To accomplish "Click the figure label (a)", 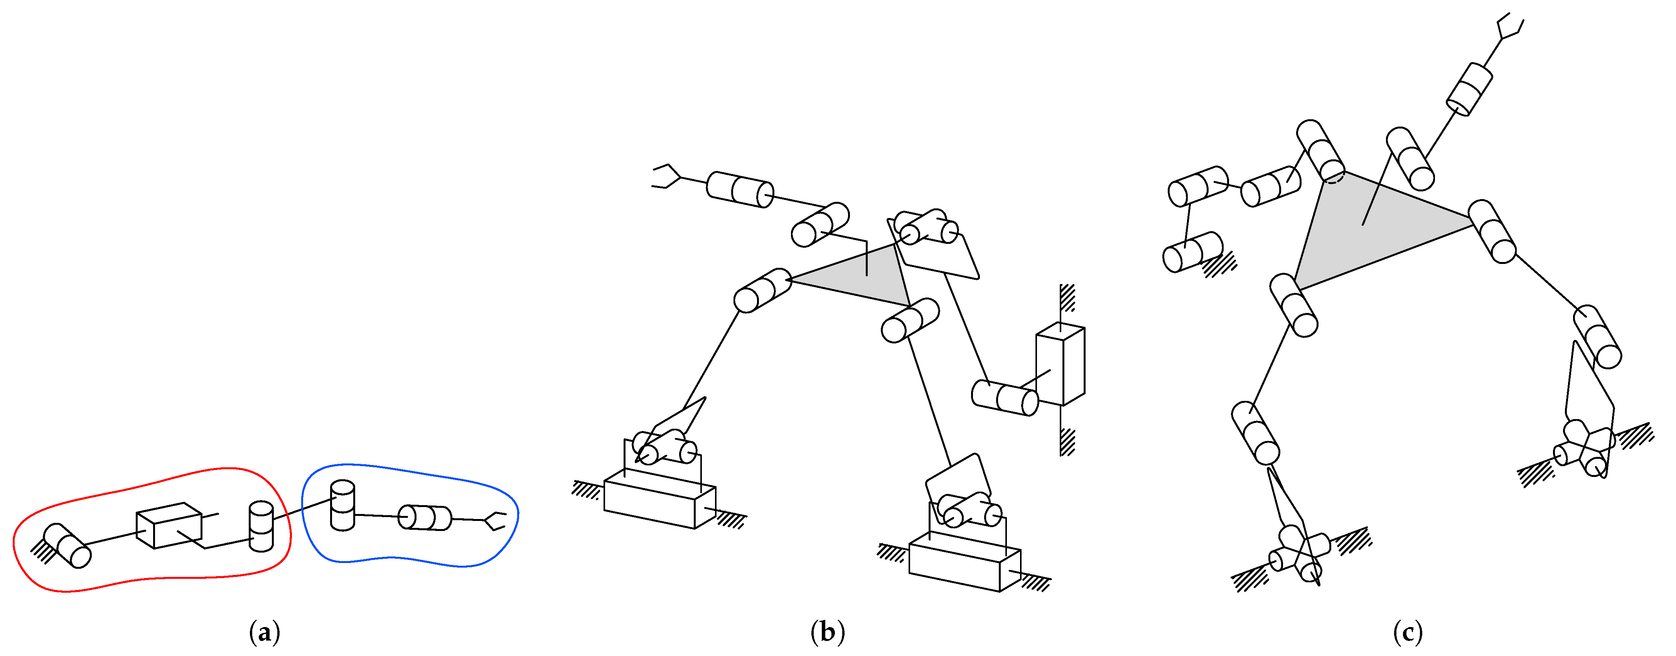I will click(x=264, y=632).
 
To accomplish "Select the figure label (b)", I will click(x=828, y=632).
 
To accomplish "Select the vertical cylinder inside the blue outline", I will click(x=342, y=505).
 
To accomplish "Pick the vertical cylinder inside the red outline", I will click(x=261, y=526).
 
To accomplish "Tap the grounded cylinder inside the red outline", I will click(x=67, y=545).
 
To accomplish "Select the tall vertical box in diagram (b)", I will click(x=1060, y=364).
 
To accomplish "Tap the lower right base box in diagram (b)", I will click(x=964, y=561).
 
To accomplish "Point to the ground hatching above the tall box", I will click(x=1067, y=298).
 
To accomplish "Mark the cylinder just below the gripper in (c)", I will click(x=1469, y=90).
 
